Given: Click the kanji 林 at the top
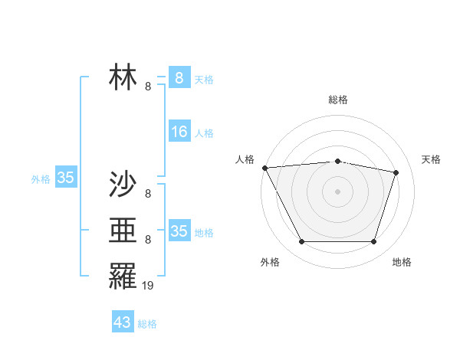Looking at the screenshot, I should (123, 77).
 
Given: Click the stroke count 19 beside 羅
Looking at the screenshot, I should (148, 285).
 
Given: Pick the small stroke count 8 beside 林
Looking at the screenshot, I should (148, 87).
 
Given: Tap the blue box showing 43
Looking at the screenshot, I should (123, 322).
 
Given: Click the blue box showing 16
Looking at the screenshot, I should (179, 132).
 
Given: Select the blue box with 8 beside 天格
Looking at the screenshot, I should (179, 77).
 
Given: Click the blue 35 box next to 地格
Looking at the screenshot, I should (179, 231).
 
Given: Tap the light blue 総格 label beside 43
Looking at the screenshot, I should (148, 324).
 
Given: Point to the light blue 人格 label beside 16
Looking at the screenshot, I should (204, 133).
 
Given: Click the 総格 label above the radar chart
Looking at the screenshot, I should (338, 100).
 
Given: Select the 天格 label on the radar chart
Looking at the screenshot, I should (432, 159).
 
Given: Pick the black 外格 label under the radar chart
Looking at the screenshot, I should (270, 262).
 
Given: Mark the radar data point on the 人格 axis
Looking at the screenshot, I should (264, 168).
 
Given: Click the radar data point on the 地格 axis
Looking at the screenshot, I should (373, 242).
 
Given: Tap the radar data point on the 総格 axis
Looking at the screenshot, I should (338, 161).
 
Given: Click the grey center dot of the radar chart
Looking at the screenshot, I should (338, 191).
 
